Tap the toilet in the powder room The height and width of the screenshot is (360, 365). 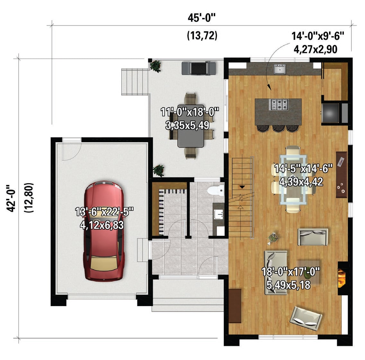click(x=216, y=190)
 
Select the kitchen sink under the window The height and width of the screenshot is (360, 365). click(x=280, y=69)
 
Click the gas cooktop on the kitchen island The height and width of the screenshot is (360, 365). click(x=279, y=105)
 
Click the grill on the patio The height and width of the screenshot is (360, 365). click(x=199, y=68)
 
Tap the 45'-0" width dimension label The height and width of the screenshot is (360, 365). click(x=202, y=18)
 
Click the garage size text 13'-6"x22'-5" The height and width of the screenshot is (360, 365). click(x=104, y=212)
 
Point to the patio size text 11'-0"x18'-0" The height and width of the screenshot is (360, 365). click(x=190, y=112)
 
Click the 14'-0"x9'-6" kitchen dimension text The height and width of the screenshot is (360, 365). click(x=318, y=36)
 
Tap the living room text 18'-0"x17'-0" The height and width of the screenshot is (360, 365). click(x=291, y=271)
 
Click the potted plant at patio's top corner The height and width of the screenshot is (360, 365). click(x=155, y=66)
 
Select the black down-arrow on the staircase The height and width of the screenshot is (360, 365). click(x=242, y=187)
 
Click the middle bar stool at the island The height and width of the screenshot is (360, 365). click(x=278, y=128)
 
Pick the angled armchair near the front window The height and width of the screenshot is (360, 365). click(x=306, y=318)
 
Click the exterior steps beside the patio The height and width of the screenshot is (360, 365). click(x=135, y=82)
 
